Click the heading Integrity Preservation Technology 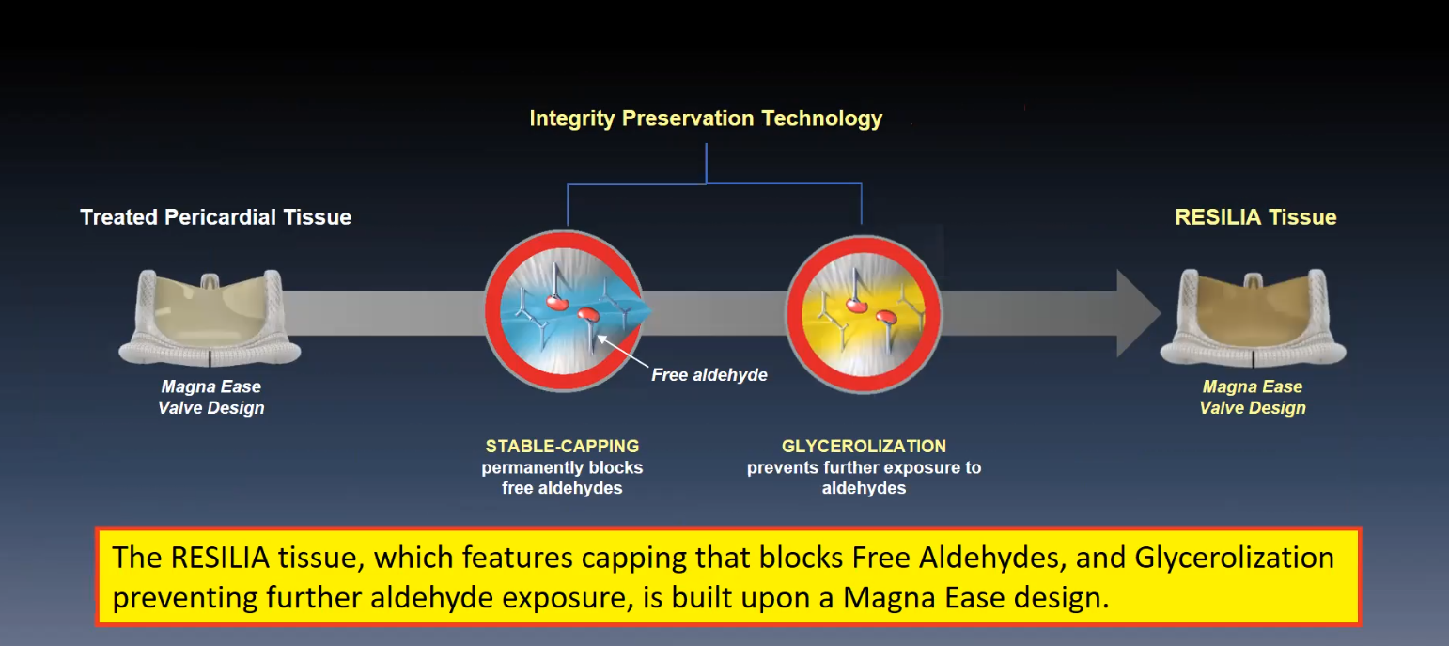(x=706, y=118)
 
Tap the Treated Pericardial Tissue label (x=215, y=217)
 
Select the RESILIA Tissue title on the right (x=1255, y=217)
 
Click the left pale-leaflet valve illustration (x=210, y=318)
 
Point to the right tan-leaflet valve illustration (x=1253, y=318)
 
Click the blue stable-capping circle (x=564, y=311)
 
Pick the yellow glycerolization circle (x=865, y=315)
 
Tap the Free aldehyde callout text (x=709, y=375)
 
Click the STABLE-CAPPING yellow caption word (x=562, y=446)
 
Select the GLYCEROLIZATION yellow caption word (x=864, y=446)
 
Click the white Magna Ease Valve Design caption (x=210, y=397)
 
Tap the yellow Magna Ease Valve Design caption (x=1253, y=397)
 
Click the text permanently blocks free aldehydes (x=562, y=478)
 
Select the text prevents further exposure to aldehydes (x=864, y=478)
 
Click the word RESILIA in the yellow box (x=220, y=558)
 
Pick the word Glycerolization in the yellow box (x=1234, y=558)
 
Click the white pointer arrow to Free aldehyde (x=622, y=352)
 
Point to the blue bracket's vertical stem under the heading (x=707, y=164)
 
